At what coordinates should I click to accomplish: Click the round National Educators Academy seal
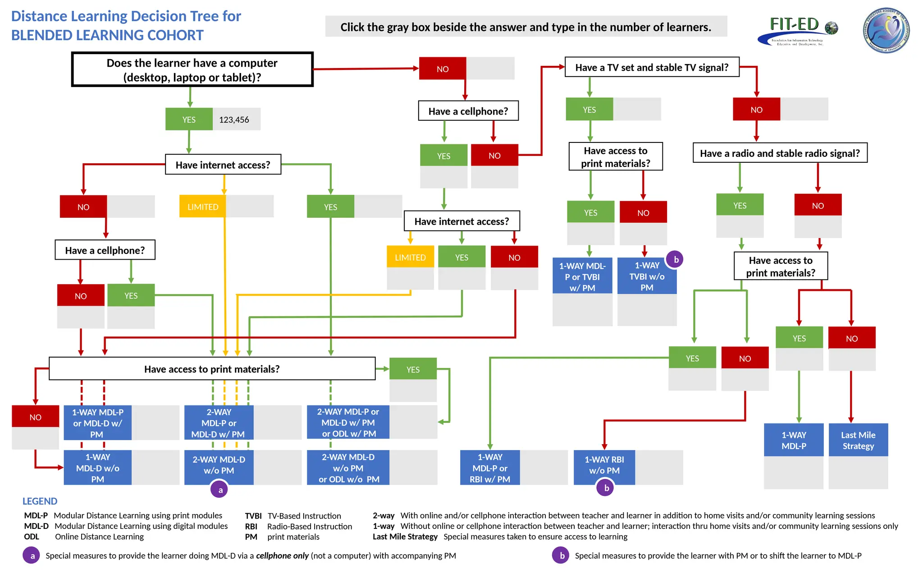886,30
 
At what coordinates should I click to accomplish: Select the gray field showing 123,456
236,119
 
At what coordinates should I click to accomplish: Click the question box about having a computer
192,69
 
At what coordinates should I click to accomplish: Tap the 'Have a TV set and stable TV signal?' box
652,67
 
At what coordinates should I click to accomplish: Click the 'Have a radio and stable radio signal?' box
780,153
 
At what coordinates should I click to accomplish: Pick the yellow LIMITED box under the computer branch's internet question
202,207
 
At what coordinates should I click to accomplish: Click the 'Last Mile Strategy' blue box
858,440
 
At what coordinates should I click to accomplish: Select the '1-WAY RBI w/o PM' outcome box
604,465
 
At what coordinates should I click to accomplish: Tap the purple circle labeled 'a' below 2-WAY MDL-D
220,490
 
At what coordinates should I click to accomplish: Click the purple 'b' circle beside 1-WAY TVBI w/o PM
675,259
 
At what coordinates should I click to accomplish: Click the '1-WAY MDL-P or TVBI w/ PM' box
582,276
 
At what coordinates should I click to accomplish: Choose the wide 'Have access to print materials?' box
212,369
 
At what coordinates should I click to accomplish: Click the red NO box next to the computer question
442,69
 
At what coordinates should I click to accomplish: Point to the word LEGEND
40,501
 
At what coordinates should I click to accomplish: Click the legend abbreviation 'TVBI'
253,515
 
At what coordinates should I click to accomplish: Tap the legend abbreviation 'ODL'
32,537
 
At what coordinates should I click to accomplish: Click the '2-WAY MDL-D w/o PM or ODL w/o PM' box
348,468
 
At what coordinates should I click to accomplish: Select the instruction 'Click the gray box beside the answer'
525,27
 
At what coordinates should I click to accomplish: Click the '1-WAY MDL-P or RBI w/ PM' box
489,468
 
